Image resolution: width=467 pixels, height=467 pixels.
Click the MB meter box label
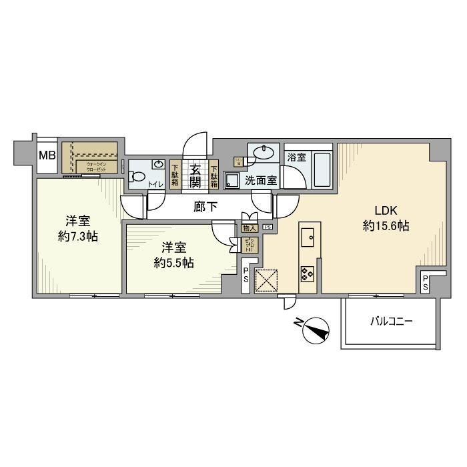[x=46, y=156]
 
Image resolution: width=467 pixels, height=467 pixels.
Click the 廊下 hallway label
[x=205, y=207]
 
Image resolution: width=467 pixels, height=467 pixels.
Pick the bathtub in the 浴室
[x=322, y=172]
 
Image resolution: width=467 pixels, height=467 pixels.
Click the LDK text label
[x=385, y=207]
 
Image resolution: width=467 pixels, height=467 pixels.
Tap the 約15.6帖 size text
[x=385, y=226]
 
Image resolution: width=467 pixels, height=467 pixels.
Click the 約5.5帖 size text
[x=173, y=262]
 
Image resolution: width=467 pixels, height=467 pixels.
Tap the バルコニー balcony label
[x=392, y=321]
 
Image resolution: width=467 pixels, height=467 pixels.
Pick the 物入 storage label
[x=249, y=227]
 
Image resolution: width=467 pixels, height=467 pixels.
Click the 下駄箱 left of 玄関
[x=175, y=175]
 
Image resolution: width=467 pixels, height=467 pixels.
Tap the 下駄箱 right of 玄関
[x=214, y=175]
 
